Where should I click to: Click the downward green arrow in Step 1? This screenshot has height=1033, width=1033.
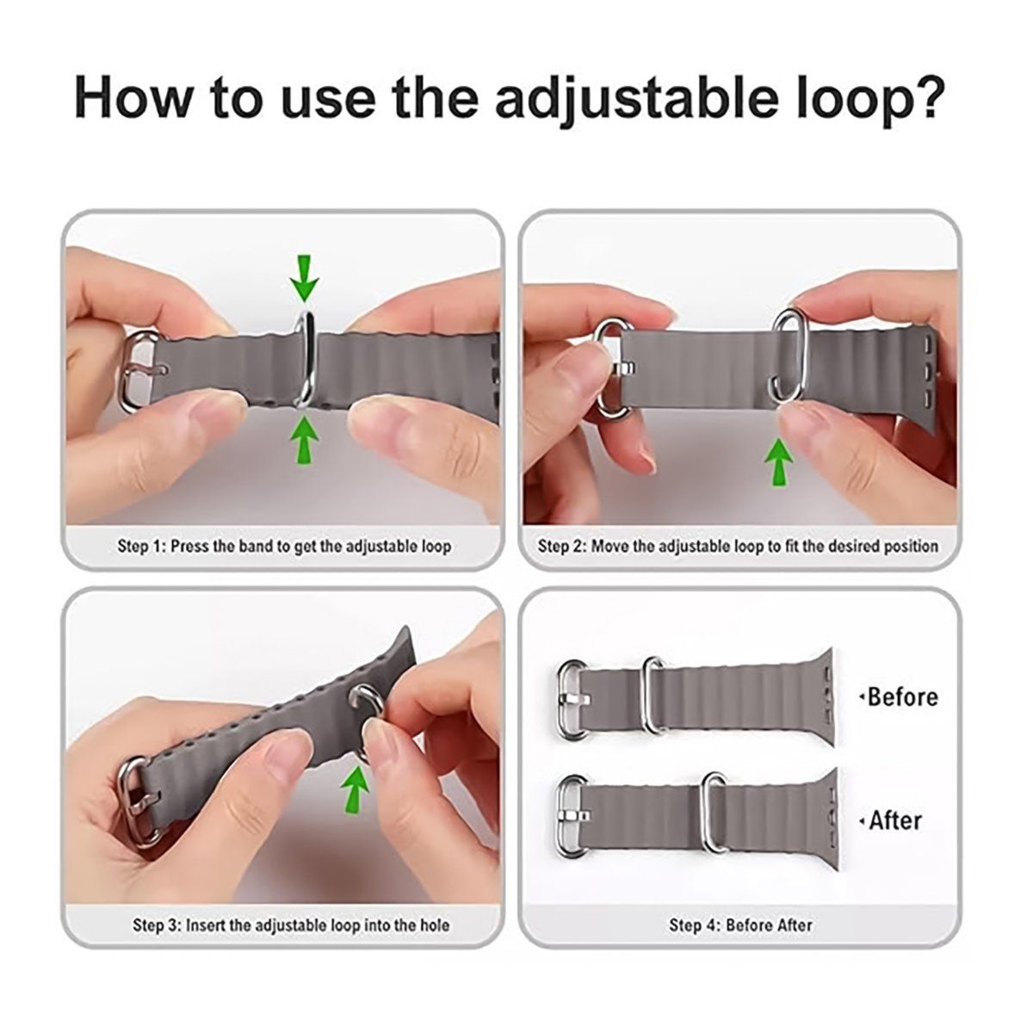pos(305,277)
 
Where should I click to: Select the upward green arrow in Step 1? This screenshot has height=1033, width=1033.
pos(305,441)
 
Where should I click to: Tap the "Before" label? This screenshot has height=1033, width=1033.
pos(901,697)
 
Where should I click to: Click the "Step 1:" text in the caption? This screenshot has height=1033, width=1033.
pos(141,547)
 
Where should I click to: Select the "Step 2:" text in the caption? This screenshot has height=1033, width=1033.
pos(562,547)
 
